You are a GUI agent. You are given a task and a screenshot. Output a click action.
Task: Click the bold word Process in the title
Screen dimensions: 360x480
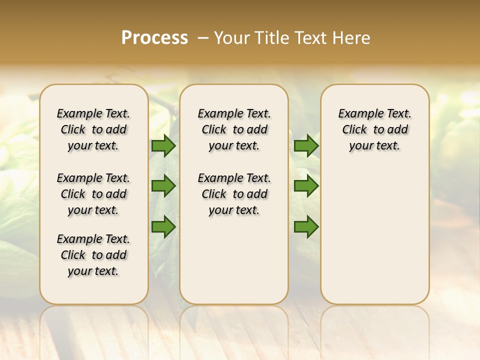(154, 38)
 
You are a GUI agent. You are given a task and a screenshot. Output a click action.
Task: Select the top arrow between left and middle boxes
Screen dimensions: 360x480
(163, 145)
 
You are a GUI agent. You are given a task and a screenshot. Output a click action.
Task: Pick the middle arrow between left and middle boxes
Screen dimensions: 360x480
(163, 186)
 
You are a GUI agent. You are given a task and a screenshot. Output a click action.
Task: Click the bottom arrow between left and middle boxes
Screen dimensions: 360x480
(163, 226)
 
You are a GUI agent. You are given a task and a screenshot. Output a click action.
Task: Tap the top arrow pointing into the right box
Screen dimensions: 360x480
(306, 145)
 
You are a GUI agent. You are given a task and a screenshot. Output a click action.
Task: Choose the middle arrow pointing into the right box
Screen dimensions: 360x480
(306, 186)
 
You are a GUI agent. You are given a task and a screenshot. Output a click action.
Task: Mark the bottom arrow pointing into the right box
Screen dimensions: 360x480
(306, 226)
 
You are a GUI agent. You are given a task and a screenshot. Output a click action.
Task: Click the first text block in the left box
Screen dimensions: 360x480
(93, 129)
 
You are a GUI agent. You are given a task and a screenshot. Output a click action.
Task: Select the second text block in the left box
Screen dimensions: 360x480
(93, 194)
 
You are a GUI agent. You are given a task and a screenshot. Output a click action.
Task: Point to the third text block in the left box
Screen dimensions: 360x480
(93, 255)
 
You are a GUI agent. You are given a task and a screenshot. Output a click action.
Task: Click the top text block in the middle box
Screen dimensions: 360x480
(234, 129)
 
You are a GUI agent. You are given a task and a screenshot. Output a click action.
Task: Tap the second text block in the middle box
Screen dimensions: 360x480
(234, 194)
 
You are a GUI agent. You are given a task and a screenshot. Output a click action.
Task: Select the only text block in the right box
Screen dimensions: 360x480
(375, 129)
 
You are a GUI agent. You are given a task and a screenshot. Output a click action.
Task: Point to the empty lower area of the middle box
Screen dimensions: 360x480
(234, 260)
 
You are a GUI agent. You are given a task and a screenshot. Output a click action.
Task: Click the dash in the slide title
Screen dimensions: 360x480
(203, 38)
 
